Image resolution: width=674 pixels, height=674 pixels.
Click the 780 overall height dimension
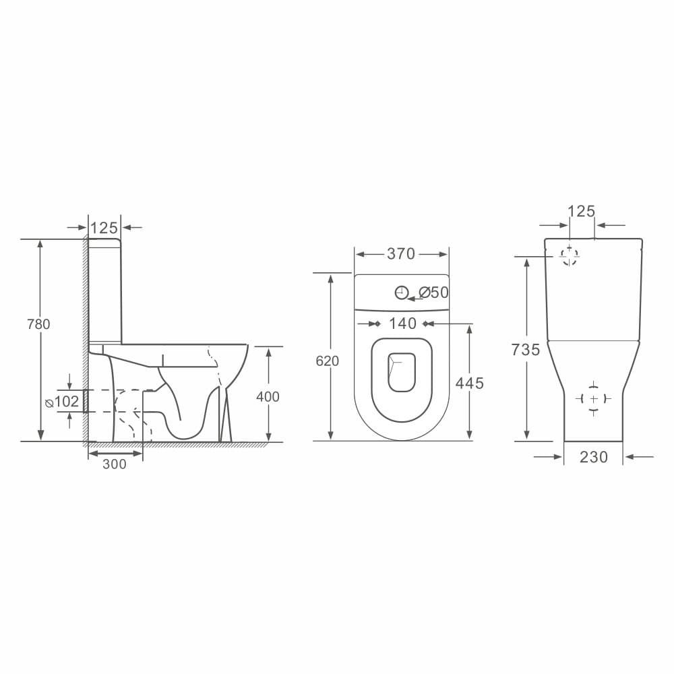click(38, 324)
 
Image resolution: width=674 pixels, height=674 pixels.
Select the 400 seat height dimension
click(268, 397)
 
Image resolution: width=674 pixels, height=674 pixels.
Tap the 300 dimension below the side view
click(115, 464)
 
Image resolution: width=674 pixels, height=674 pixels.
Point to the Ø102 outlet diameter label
click(63, 402)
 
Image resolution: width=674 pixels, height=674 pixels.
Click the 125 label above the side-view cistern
click(104, 228)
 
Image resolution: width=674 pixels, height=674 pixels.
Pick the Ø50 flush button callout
click(433, 293)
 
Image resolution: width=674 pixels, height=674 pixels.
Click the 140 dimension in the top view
click(403, 324)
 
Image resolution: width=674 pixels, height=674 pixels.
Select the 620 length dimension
click(327, 361)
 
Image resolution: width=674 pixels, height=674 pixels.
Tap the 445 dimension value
click(470, 384)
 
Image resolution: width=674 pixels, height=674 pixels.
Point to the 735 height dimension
click(526, 350)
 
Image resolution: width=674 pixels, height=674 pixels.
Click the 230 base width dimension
click(593, 457)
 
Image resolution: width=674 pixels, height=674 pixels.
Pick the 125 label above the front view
click(582, 212)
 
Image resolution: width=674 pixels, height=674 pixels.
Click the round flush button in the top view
click(402, 293)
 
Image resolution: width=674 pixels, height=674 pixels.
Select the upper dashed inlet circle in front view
click(570, 255)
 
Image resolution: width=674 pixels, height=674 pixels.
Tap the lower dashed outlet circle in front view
click(593, 399)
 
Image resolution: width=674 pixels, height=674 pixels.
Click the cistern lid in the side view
click(104, 242)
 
